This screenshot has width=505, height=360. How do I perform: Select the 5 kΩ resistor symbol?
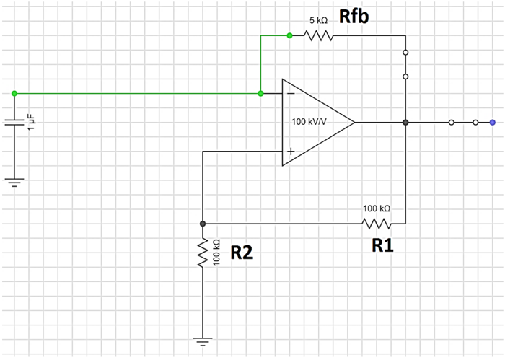pyautogui.click(x=319, y=35)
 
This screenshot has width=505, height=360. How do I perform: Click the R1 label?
pyautogui.click(x=382, y=246)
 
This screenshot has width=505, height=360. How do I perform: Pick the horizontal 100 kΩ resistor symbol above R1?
pyautogui.click(x=377, y=223)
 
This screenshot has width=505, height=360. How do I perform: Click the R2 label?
pyautogui.click(x=242, y=252)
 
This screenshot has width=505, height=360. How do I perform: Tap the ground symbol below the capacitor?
pyautogui.click(x=14, y=181)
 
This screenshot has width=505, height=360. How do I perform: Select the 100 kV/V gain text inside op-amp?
pyautogui.click(x=309, y=121)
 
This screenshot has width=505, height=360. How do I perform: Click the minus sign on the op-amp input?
pyautogui.click(x=290, y=93)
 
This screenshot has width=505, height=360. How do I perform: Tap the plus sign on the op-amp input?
pyautogui.click(x=290, y=152)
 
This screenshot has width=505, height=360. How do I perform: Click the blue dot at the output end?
pyautogui.click(x=492, y=122)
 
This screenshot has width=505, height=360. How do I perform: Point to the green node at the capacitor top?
pyautogui.click(x=14, y=93)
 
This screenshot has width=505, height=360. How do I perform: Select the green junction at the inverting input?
pyautogui.click(x=260, y=93)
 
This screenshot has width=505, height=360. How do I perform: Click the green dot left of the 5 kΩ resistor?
pyautogui.click(x=289, y=35)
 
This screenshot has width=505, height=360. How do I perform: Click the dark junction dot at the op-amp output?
pyautogui.click(x=405, y=122)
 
